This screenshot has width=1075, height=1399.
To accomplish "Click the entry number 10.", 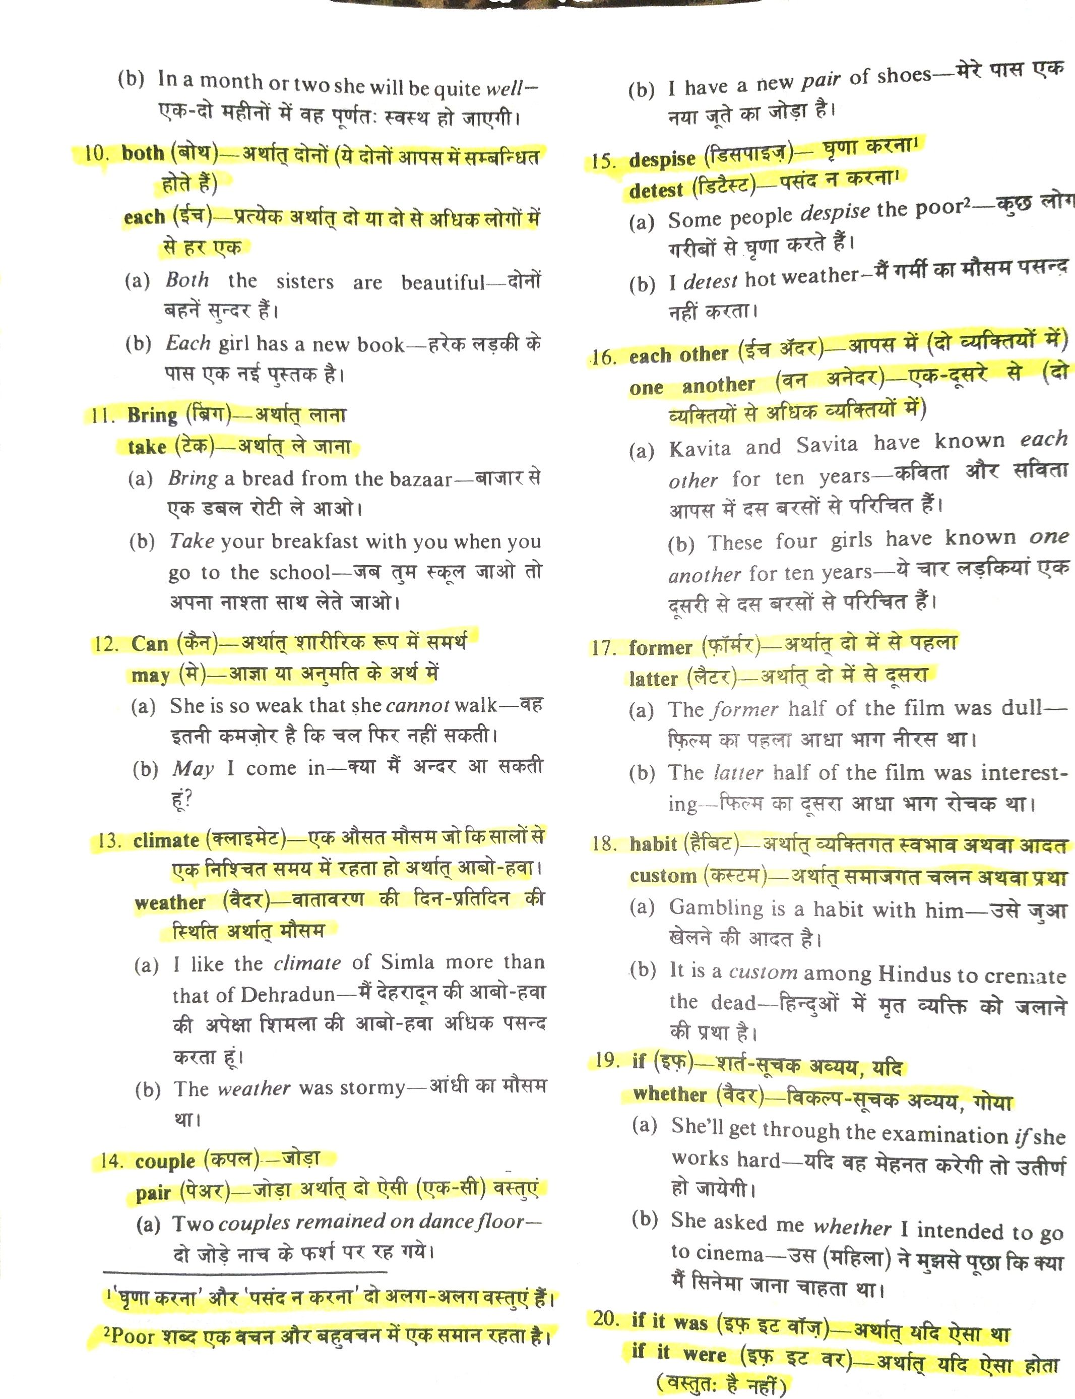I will (97, 154).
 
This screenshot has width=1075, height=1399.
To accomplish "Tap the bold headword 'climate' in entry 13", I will (166, 840).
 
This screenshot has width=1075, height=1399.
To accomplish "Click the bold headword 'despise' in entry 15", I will (662, 159).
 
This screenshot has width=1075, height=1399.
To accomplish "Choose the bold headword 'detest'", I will (656, 190).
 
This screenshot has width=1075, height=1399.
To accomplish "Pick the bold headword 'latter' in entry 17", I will (653, 679).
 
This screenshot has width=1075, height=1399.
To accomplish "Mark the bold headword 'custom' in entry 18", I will (662, 876).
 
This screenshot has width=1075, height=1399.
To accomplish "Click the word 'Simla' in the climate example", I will (408, 962).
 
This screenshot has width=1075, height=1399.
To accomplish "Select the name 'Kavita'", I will (700, 448).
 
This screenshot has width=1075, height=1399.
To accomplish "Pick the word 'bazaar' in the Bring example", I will (420, 479).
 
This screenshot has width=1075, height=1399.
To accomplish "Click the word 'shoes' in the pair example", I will (904, 76).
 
